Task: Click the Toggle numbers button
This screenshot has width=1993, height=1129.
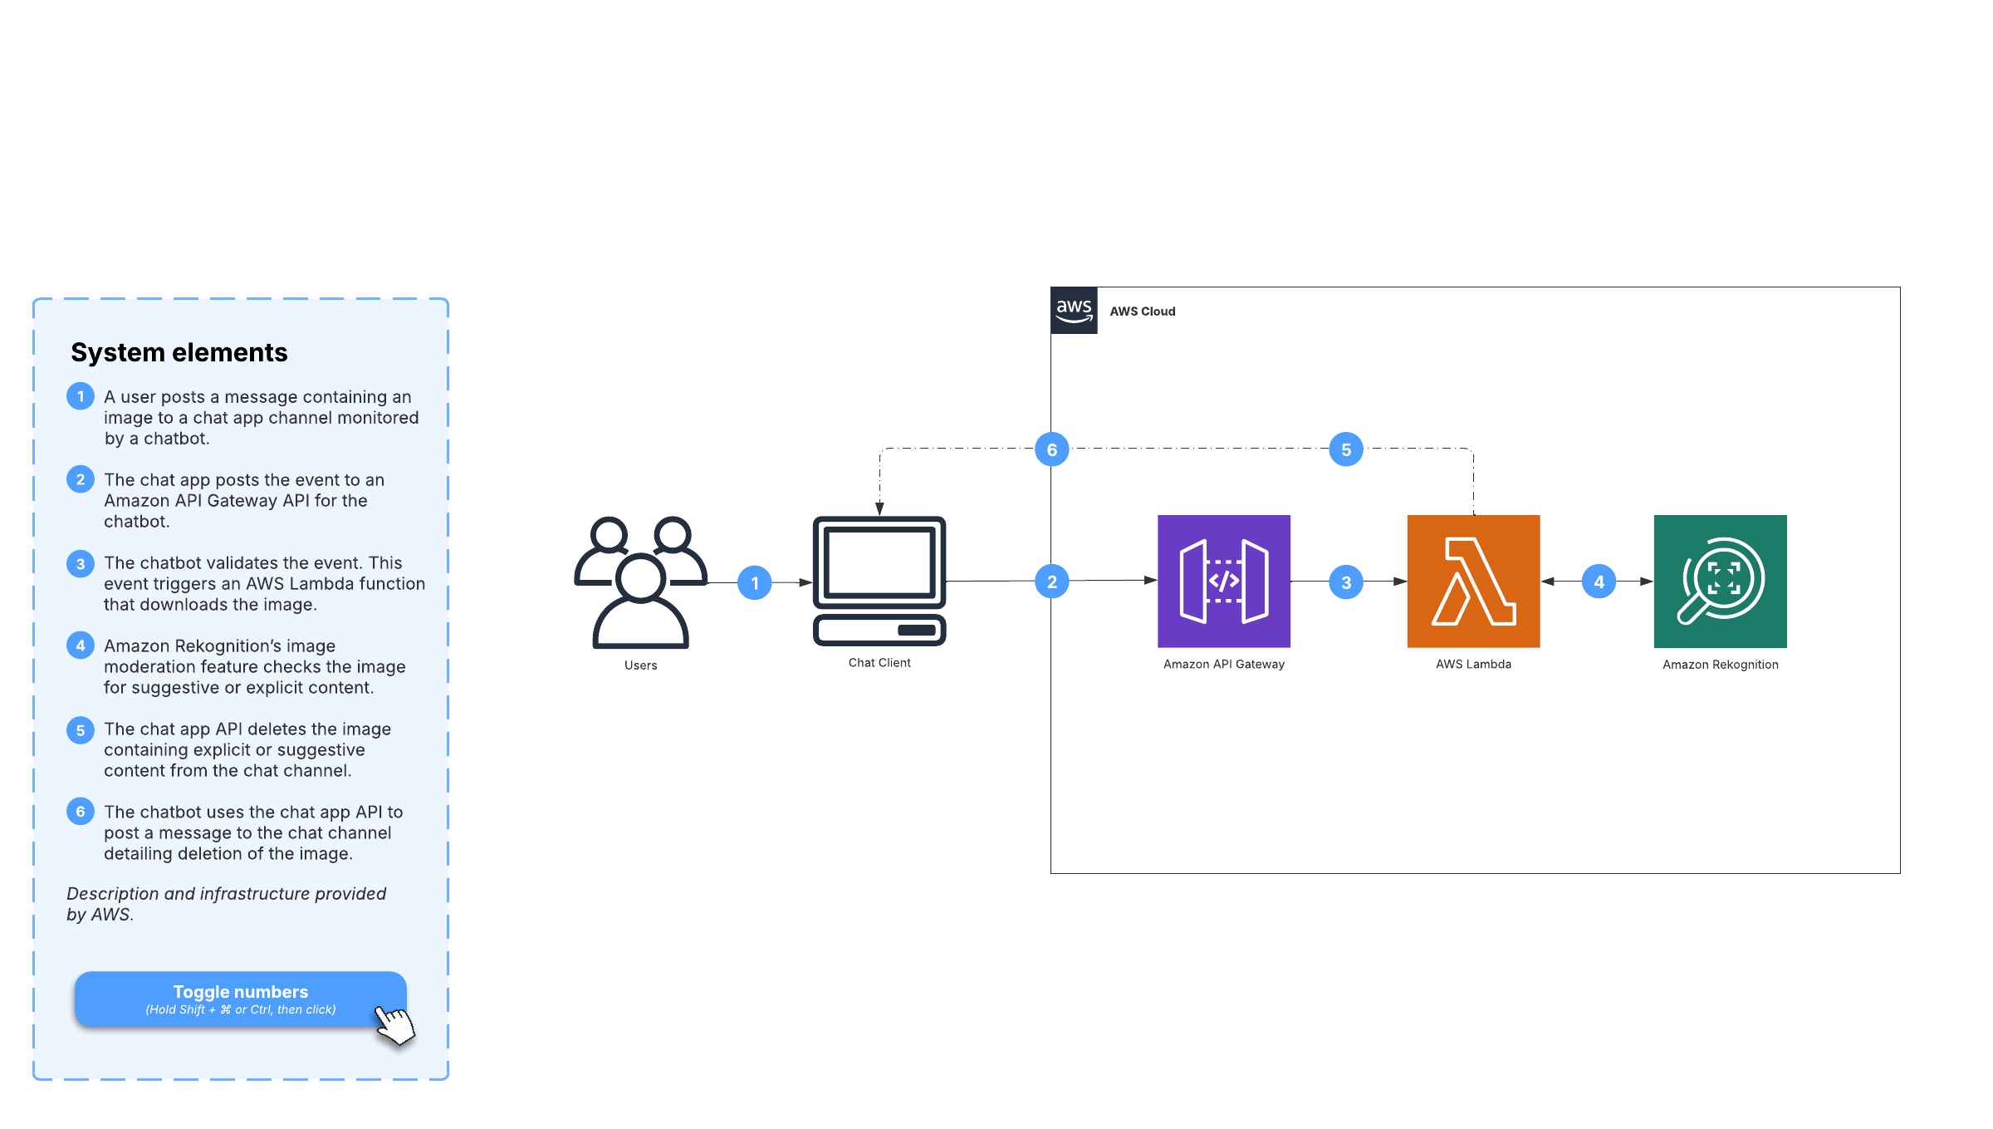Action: click(240, 999)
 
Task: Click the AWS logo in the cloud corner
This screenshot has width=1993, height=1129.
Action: click(1074, 311)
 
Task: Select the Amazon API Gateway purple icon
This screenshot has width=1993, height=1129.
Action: click(1223, 581)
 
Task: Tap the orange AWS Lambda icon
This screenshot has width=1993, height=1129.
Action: click(1473, 581)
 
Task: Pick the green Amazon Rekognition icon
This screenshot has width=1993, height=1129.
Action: click(1720, 581)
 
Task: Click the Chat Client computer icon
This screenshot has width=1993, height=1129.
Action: click(879, 581)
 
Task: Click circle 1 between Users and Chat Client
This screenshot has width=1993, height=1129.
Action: click(755, 583)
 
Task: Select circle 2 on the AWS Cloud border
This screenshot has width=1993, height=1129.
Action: click(1052, 582)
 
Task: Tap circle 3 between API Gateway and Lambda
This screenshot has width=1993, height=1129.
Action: click(1346, 583)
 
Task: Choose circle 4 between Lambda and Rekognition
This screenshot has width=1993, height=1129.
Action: click(1599, 582)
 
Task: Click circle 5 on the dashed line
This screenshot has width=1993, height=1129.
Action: click(1346, 449)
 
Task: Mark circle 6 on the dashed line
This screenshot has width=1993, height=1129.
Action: click(1052, 449)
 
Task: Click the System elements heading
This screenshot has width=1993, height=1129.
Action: click(179, 352)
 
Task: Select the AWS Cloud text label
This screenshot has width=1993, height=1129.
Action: click(1143, 312)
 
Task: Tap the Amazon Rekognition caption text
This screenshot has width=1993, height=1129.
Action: click(1721, 665)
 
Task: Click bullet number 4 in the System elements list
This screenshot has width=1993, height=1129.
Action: click(81, 645)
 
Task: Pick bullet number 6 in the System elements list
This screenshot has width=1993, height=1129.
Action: click(81, 812)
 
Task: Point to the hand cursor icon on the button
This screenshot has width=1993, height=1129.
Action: click(394, 1023)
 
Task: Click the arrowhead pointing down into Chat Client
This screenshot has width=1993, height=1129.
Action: click(879, 508)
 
